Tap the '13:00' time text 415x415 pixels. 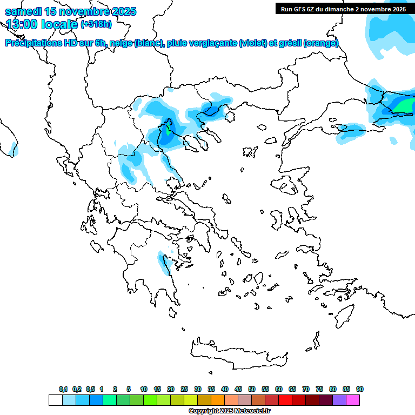pyautogui.click(x=21, y=24)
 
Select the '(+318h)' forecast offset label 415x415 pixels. pyautogui.click(x=96, y=24)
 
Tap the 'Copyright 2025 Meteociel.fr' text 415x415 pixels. pyautogui.click(x=229, y=411)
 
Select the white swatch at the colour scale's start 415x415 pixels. pyautogui.click(x=55, y=400)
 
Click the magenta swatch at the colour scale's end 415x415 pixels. pyautogui.click(x=353, y=400)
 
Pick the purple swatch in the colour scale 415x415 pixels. pyautogui.click(x=339, y=400)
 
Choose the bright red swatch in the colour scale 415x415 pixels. pyautogui.click(x=285, y=400)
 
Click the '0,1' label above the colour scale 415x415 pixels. pyautogui.click(x=63, y=389)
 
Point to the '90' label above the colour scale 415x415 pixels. pyautogui.click(x=360, y=389)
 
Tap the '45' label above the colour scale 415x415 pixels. pyautogui.click(x=238, y=389)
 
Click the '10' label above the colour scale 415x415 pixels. pyautogui.click(x=144, y=389)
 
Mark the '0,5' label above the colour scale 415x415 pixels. pyautogui.click(x=90, y=389)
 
